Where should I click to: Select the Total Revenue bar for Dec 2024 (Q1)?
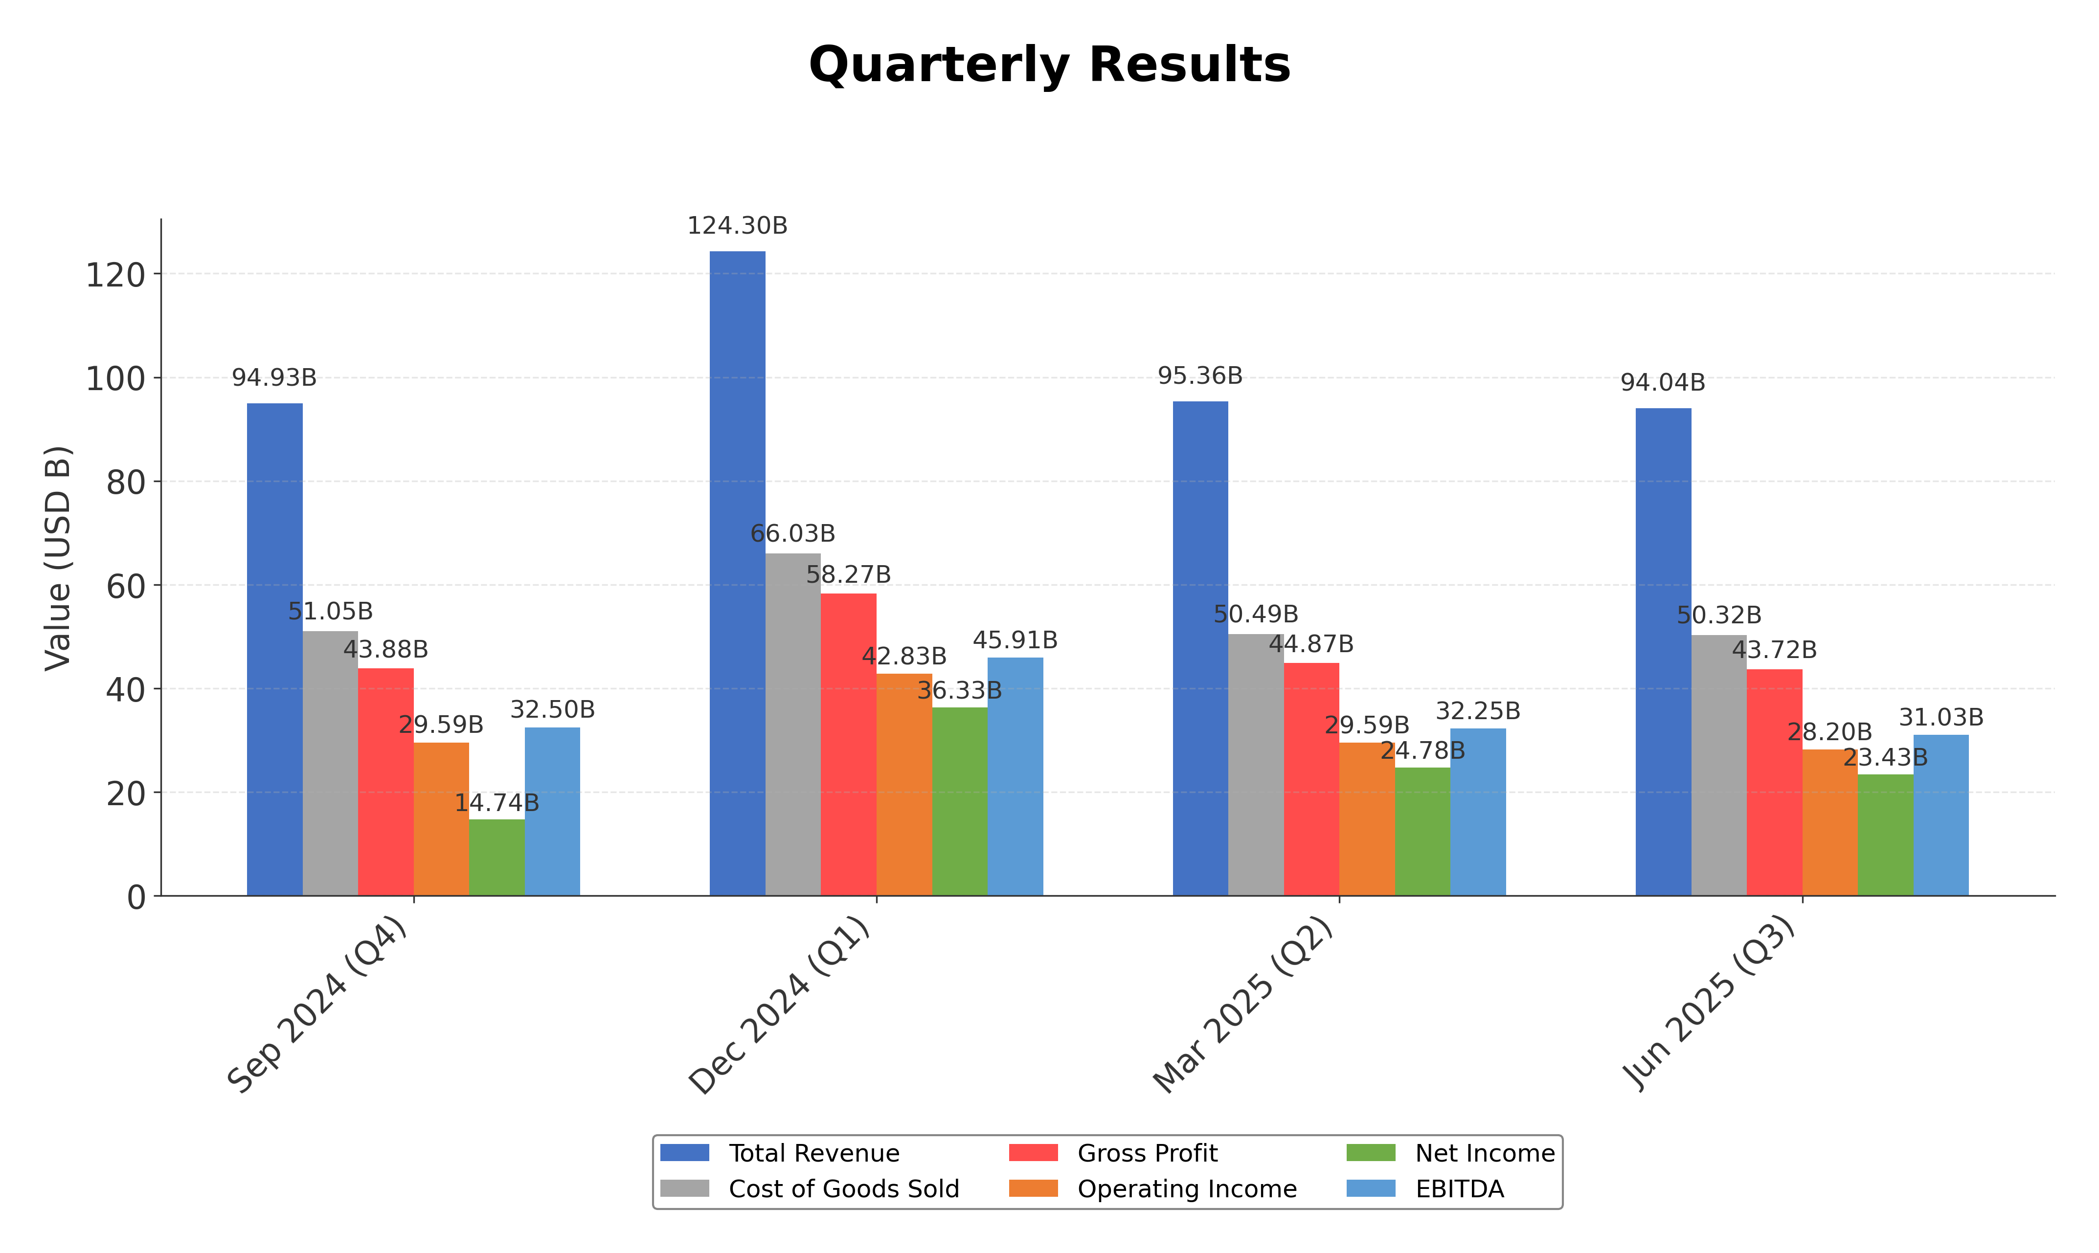pyautogui.click(x=737, y=573)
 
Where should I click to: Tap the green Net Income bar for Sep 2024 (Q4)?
pyautogui.click(x=497, y=857)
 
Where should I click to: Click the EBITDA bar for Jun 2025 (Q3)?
pyautogui.click(x=1940, y=815)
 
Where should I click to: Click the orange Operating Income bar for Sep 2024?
pyautogui.click(x=441, y=819)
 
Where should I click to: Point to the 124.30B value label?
pyautogui.click(x=737, y=226)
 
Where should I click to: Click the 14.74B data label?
pyautogui.click(x=497, y=803)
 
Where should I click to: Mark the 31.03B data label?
pyautogui.click(x=1940, y=718)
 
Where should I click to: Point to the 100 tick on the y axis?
pyautogui.click(x=116, y=379)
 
